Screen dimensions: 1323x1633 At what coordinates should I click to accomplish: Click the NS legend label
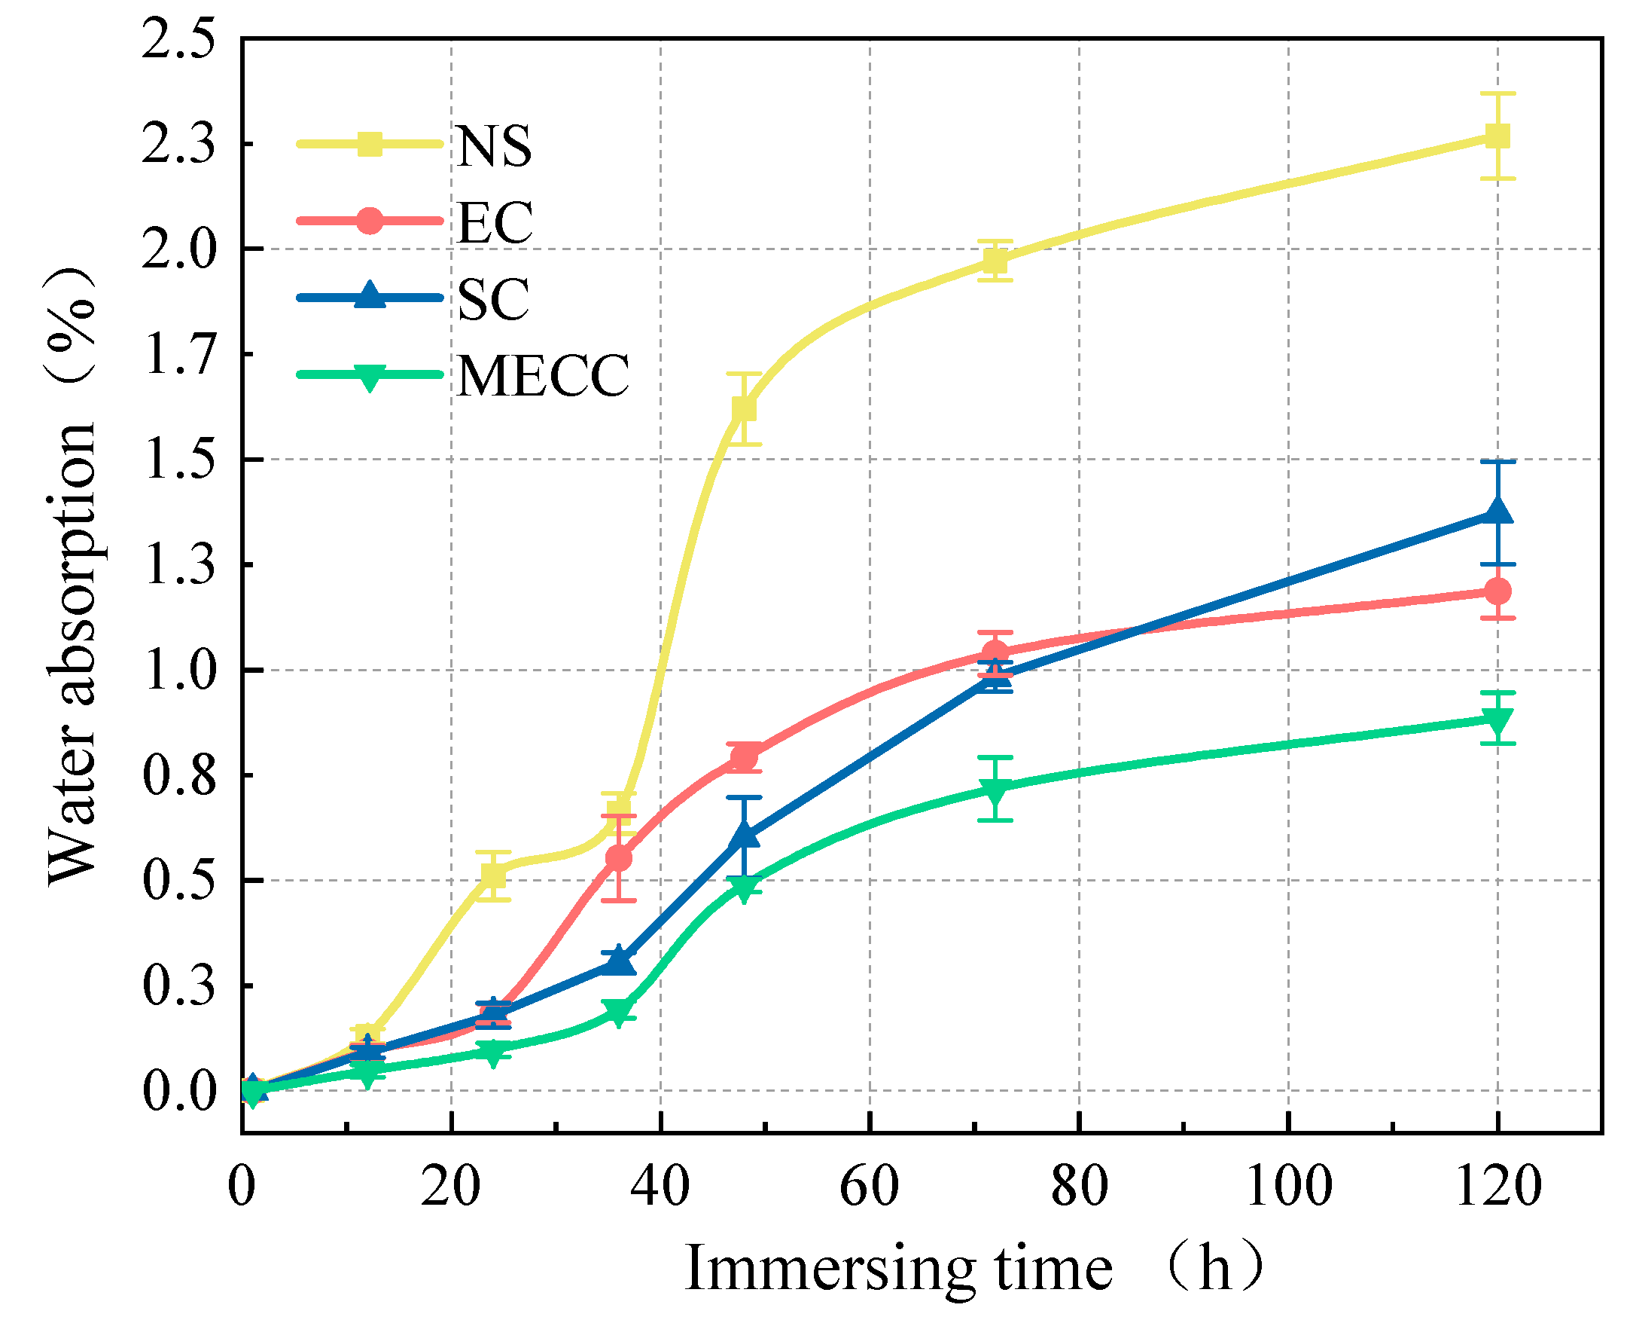494,145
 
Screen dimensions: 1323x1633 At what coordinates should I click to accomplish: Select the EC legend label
495,222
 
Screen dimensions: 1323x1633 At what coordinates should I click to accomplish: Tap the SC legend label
493,299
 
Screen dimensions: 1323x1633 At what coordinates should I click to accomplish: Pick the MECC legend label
543,376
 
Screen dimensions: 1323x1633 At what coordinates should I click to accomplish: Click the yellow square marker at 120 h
1497,136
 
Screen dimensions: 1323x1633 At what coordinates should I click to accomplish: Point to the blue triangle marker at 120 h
1497,512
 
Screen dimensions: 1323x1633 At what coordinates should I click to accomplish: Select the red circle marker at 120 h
1497,591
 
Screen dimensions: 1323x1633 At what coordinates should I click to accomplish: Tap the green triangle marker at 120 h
1497,720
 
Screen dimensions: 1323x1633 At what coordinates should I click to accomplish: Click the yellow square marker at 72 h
995,261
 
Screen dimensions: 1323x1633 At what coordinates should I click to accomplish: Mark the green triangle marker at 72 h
995,790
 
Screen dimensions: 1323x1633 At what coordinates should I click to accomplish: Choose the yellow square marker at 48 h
744,408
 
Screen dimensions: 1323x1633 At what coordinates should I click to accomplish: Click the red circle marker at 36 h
618,858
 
